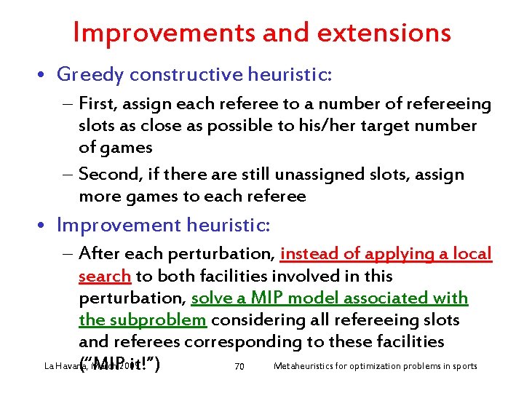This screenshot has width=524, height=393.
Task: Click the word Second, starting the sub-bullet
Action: [108, 175]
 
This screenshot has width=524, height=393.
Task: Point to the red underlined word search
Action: [104, 276]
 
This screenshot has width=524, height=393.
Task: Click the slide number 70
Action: [239, 365]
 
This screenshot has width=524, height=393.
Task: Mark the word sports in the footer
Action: [464, 365]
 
